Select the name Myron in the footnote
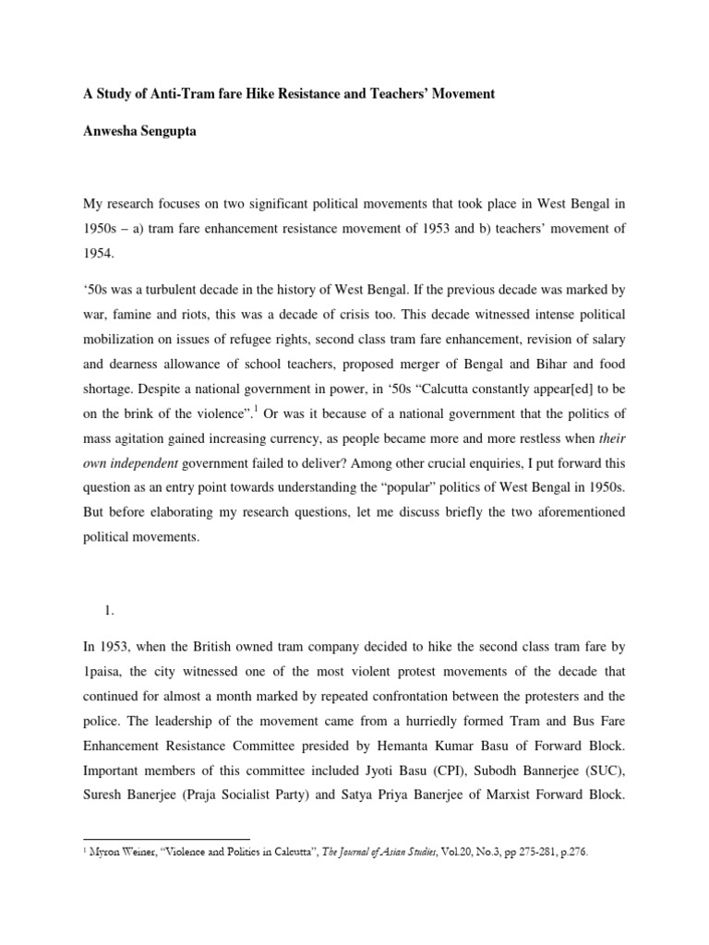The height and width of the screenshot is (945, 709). click(104, 854)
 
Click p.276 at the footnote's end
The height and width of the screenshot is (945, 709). click(571, 854)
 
